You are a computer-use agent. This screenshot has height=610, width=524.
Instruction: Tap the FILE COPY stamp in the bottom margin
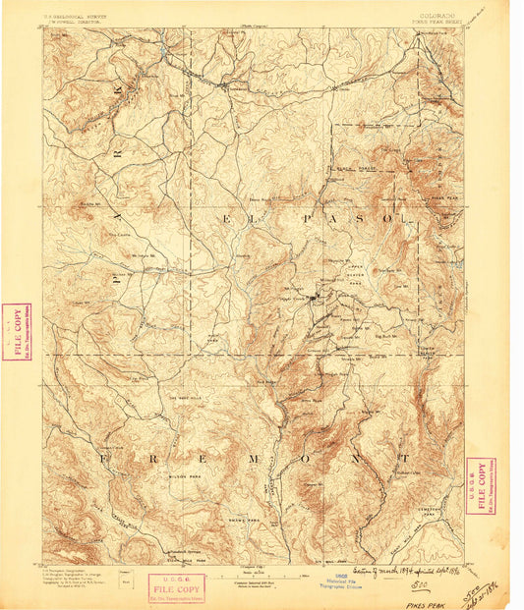178,586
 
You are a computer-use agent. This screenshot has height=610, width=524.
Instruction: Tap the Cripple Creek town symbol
314,298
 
